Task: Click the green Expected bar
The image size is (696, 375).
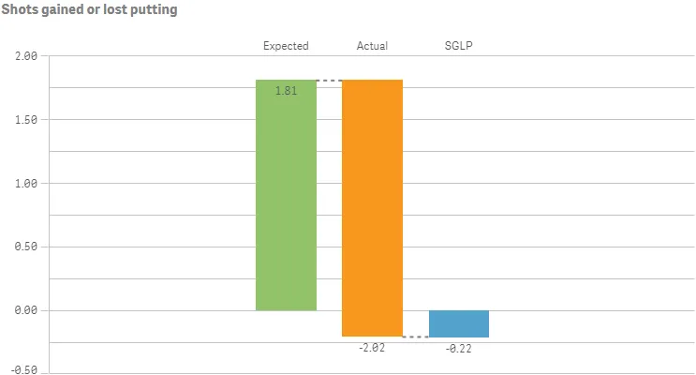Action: pos(286,197)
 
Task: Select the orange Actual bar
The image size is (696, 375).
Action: pos(372,206)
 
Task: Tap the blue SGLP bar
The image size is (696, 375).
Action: pos(459,323)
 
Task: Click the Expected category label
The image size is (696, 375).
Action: pos(286,46)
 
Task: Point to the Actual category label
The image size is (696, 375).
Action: pos(372,46)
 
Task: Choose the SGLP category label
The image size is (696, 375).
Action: pos(458,46)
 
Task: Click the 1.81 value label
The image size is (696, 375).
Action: pos(287,91)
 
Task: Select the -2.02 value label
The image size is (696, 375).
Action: pos(372,348)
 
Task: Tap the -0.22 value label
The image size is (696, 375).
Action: pos(459,348)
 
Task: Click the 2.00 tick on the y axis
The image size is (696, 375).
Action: pos(25,56)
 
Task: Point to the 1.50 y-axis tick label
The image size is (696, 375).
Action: pos(25,120)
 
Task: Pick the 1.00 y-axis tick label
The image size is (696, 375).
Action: pos(25,184)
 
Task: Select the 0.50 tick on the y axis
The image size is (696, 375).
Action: pos(25,247)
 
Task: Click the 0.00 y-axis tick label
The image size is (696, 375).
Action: pos(25,310)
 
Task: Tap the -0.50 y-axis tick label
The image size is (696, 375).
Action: pos(23,369)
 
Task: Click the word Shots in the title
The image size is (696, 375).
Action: pos(20,10)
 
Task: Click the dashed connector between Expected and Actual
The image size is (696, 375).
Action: pos(329,81)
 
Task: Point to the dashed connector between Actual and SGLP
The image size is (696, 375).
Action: pos(415,337)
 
